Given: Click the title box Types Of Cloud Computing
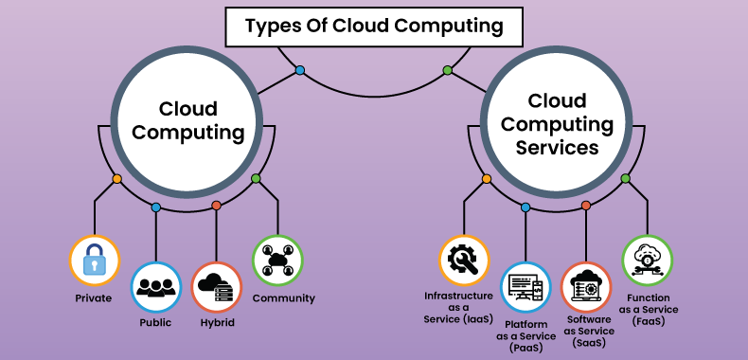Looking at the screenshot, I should [x=373, y=27].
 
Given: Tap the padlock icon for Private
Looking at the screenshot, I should [x=95, y=260].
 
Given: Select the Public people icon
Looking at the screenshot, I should [x=155, y=287].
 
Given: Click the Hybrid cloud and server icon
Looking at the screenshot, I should [x=216, y=287].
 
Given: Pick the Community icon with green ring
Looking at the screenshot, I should [x=276, y=260].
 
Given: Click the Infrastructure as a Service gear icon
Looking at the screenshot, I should [x=464, y=260].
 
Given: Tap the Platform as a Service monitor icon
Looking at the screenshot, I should [x=525, y=287].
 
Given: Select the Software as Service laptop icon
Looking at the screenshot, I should [x=585, y=287].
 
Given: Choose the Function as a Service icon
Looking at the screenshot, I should [x=647, y=260].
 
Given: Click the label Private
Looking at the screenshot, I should [x=94, y=298].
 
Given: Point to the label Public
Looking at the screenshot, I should [x=155, y=322].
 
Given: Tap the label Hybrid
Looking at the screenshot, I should [x=216, y=322].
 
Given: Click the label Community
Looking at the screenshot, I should [x=283, y=298].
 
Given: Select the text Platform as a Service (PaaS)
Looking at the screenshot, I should [x=525, y=335].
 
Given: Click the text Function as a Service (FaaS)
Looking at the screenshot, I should [x=649, y=309].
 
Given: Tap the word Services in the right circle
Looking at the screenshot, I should [x=557, y=149].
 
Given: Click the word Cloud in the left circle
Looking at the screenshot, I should [x=187, y=109].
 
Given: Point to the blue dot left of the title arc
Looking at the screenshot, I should [x=300, y=70].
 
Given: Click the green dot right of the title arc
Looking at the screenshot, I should [x=447, y=70].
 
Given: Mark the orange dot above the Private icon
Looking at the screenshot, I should [x=116, y=178].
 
